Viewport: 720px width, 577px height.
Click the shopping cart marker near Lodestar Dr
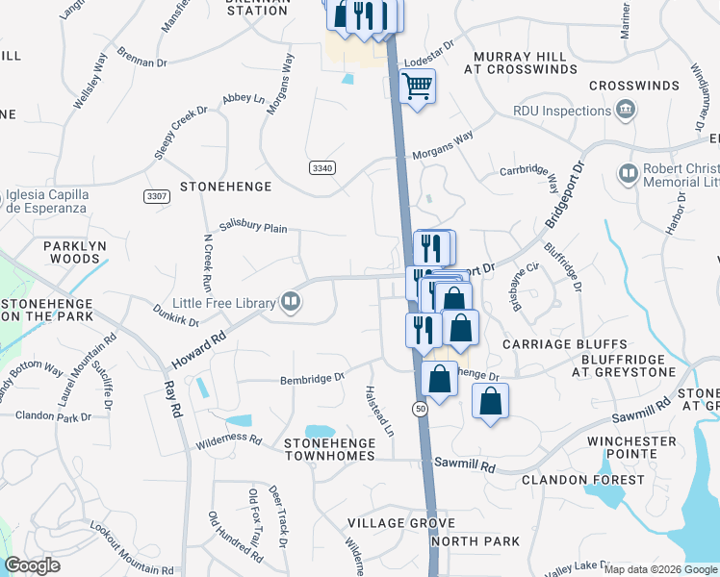(418, 88)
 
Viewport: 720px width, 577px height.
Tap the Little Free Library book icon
(290, 304)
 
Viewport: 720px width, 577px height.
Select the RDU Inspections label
(562, 111)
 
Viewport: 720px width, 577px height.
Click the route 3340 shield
(323, 168)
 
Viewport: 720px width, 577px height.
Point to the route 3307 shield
(157, 196)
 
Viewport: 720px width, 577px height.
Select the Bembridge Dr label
(312, 379)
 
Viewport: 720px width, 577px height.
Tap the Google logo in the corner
(32, 565)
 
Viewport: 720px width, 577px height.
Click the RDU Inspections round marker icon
(627, 110)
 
